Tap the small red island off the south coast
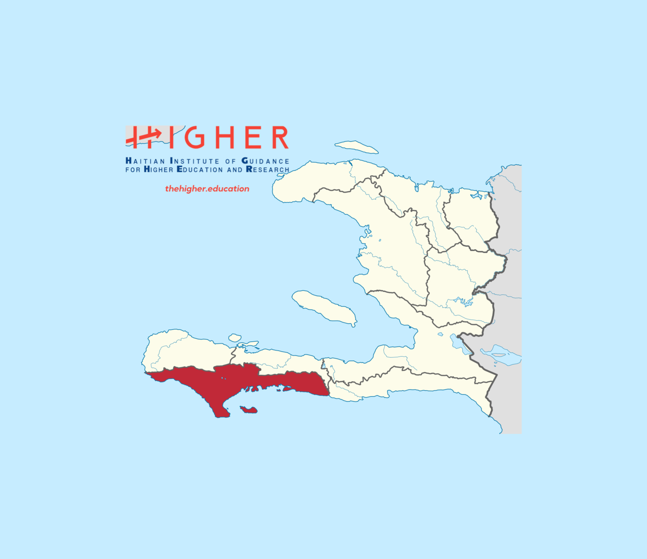pos(249,410)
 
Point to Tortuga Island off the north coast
pos(356,147)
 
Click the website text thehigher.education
pos(207,189)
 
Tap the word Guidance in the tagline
pos(266,161)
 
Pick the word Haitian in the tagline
pos(145,161)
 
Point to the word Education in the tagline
pos(200,169)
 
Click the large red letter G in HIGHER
pos(195,137)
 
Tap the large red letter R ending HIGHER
pos(280,137)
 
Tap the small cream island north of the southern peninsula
pos(234,338)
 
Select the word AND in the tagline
pos(234,170)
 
